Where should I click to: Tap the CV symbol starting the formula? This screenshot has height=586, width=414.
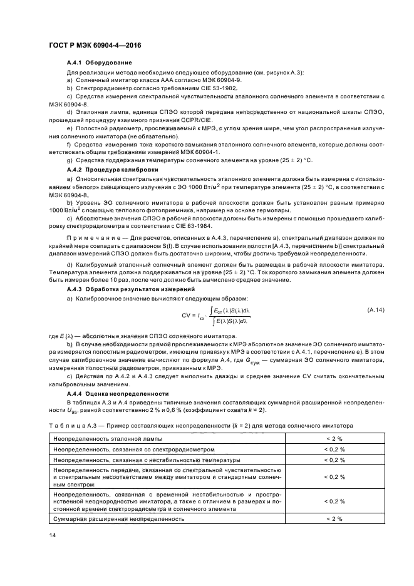click(x=186, y=316)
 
